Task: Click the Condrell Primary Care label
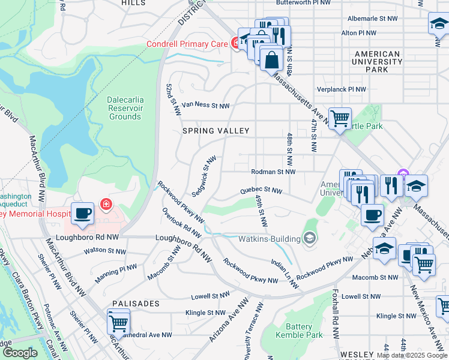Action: (x=187, y=44)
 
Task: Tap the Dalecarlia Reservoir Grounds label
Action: (x=124, y=108)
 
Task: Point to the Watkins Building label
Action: (x=270, y=238)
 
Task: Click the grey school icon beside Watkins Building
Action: (x=310, y=239)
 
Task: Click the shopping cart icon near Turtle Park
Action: (x=340, y=118)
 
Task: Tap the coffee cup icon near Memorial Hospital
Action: (x=83, y=214)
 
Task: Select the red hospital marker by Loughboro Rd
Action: (x=106, y=205)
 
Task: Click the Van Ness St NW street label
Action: (x=205, y=106)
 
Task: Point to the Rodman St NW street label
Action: (x=273, y=172)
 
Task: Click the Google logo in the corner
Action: (x=19, y=353)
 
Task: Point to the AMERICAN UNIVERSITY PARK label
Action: (x=378, y=62)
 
